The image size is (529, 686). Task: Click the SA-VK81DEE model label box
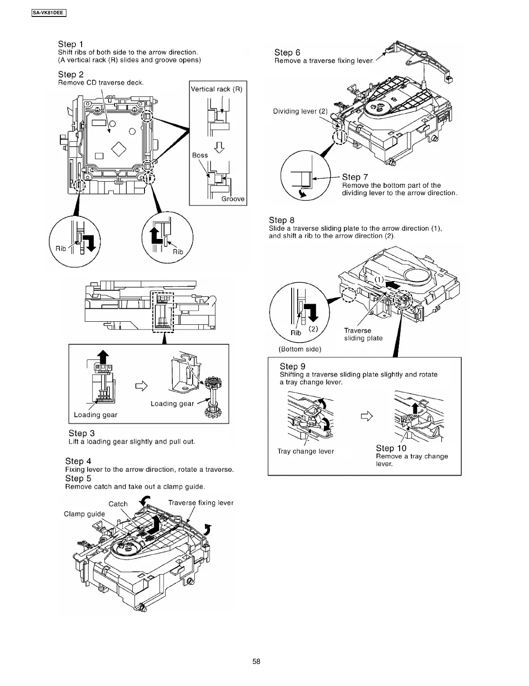tap(48, 13)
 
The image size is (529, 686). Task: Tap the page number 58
tap(256, 661)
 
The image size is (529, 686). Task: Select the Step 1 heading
tap(70, 44)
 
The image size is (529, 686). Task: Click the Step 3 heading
tap(81, 433)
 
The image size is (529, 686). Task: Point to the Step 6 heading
tap(287, 52)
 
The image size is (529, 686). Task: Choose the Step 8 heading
tap(281, 220)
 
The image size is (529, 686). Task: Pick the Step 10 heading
tap(391, 448)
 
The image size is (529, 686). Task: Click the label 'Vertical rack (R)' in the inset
tap(217, 89)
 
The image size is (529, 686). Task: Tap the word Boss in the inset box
tap(200, 155)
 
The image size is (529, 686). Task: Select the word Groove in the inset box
tap(233, 199)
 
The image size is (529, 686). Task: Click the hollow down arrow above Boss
tap(220, 147)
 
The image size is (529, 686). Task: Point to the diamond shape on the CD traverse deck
tap(119, 149)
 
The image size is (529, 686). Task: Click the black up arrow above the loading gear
tap(102, 356)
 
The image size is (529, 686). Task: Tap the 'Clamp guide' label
tap(84, 514)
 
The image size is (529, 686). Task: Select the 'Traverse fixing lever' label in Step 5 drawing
tap(200, 503)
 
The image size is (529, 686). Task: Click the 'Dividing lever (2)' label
tap(300, 111)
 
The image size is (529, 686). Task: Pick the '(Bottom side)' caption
tap(299, 349)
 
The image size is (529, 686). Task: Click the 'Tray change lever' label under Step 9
tap(306, 451)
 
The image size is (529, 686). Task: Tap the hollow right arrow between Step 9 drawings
tap(367, 417)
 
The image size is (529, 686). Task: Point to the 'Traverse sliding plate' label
tap(363, 334)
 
